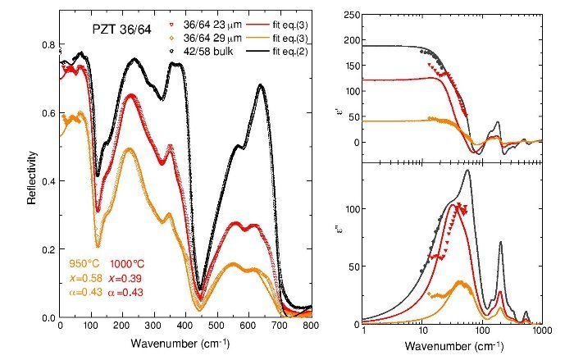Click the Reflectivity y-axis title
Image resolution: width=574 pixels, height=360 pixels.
click(x=32, y=175)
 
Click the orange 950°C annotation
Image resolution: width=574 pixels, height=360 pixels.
click(x=84, y=265)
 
